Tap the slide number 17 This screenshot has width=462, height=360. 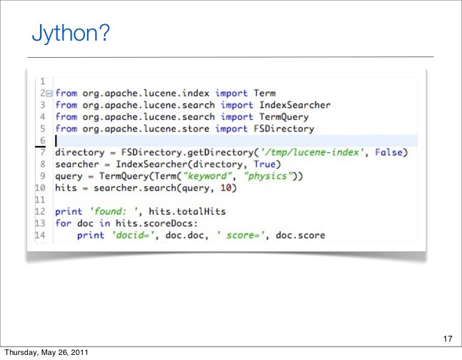click(447, 337)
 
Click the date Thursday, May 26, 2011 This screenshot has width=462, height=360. click(46, 352)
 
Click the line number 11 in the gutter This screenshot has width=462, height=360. click(39, 199)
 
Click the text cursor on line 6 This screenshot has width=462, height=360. click(56, 140)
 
